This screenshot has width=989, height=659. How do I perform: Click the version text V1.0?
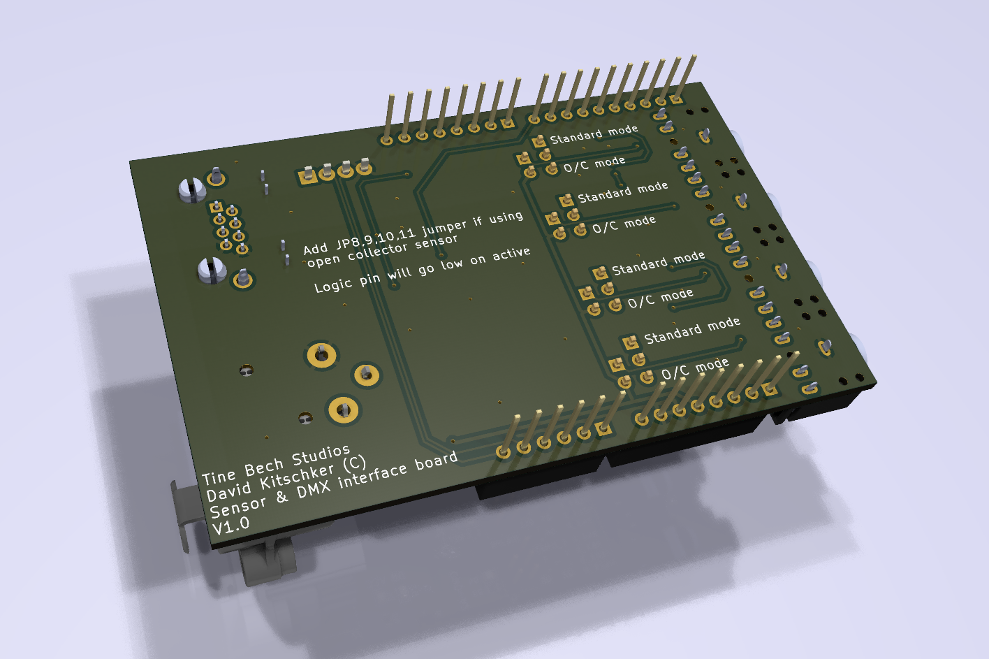click(231, 526)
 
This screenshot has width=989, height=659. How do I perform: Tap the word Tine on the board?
click(219, 477)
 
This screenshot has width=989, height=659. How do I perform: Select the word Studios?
click(321, 455)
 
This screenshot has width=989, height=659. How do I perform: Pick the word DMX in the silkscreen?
click(314, 490)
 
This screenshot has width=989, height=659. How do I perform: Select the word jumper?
click(444, 226)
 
